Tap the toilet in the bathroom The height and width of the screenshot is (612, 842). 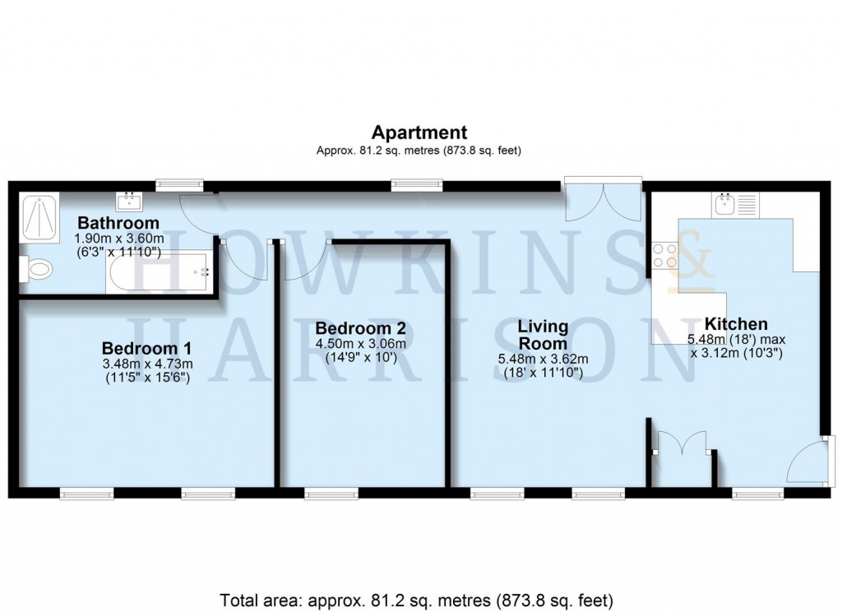tap(37, 268)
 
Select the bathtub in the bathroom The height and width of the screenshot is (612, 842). tap(158, 271)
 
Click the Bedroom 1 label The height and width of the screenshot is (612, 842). tap(147, 347)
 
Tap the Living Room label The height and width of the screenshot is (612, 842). tap(542, 336)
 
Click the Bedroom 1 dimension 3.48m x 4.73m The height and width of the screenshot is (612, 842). tap(147, 364)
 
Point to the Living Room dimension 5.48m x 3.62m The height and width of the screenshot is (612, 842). tap(542, 359)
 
